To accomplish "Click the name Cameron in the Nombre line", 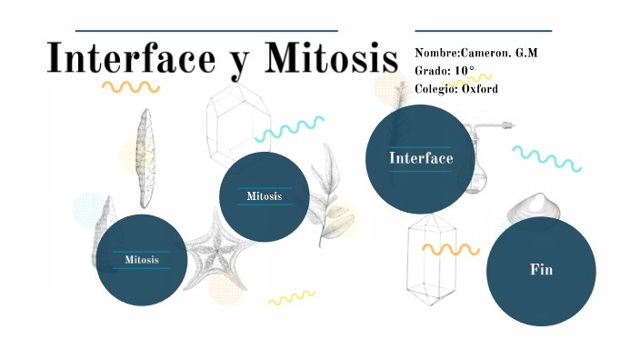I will [x=486, y=53].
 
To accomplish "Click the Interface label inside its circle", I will [x=421, y=159].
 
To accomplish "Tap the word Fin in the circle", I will [x=542, y=270].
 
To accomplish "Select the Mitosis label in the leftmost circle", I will [x=141, y=260].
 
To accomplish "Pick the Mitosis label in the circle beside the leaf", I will [x=264, y=196].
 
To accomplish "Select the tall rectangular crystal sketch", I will [x=430, y=264].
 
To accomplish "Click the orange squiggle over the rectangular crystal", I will [x=450, y=248].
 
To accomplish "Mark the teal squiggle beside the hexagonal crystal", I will [x=290, y=129].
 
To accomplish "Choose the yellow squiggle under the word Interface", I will [x=130, y=87].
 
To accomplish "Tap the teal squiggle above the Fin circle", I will [x=546, y=158].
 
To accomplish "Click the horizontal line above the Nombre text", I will [x=482, y=30].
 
